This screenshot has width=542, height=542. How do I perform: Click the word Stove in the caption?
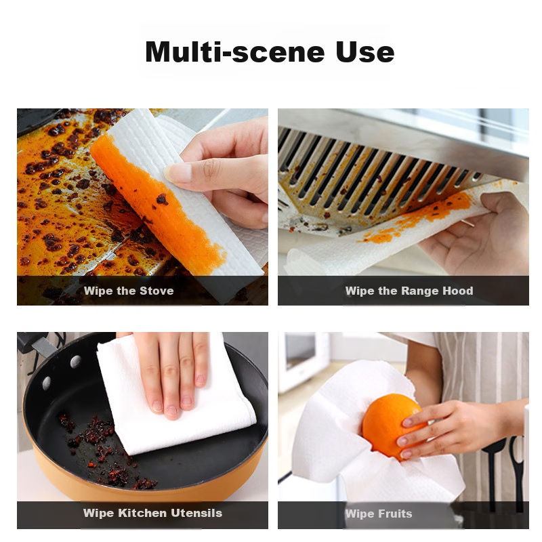click(157, 291)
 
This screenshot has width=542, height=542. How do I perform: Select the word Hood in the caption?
click(458, 291)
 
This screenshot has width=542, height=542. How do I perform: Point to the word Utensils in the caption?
click(196, 513)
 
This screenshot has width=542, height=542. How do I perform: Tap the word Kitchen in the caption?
click(142, 513)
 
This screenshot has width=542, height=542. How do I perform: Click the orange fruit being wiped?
click(391, 426)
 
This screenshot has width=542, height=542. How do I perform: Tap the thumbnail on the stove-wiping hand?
click(177, 173)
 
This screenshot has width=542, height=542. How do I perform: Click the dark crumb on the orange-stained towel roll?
click(161, 199)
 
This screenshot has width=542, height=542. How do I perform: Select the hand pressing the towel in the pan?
click(169, 373)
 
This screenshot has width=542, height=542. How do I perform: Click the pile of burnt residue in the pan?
click(104, 449)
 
